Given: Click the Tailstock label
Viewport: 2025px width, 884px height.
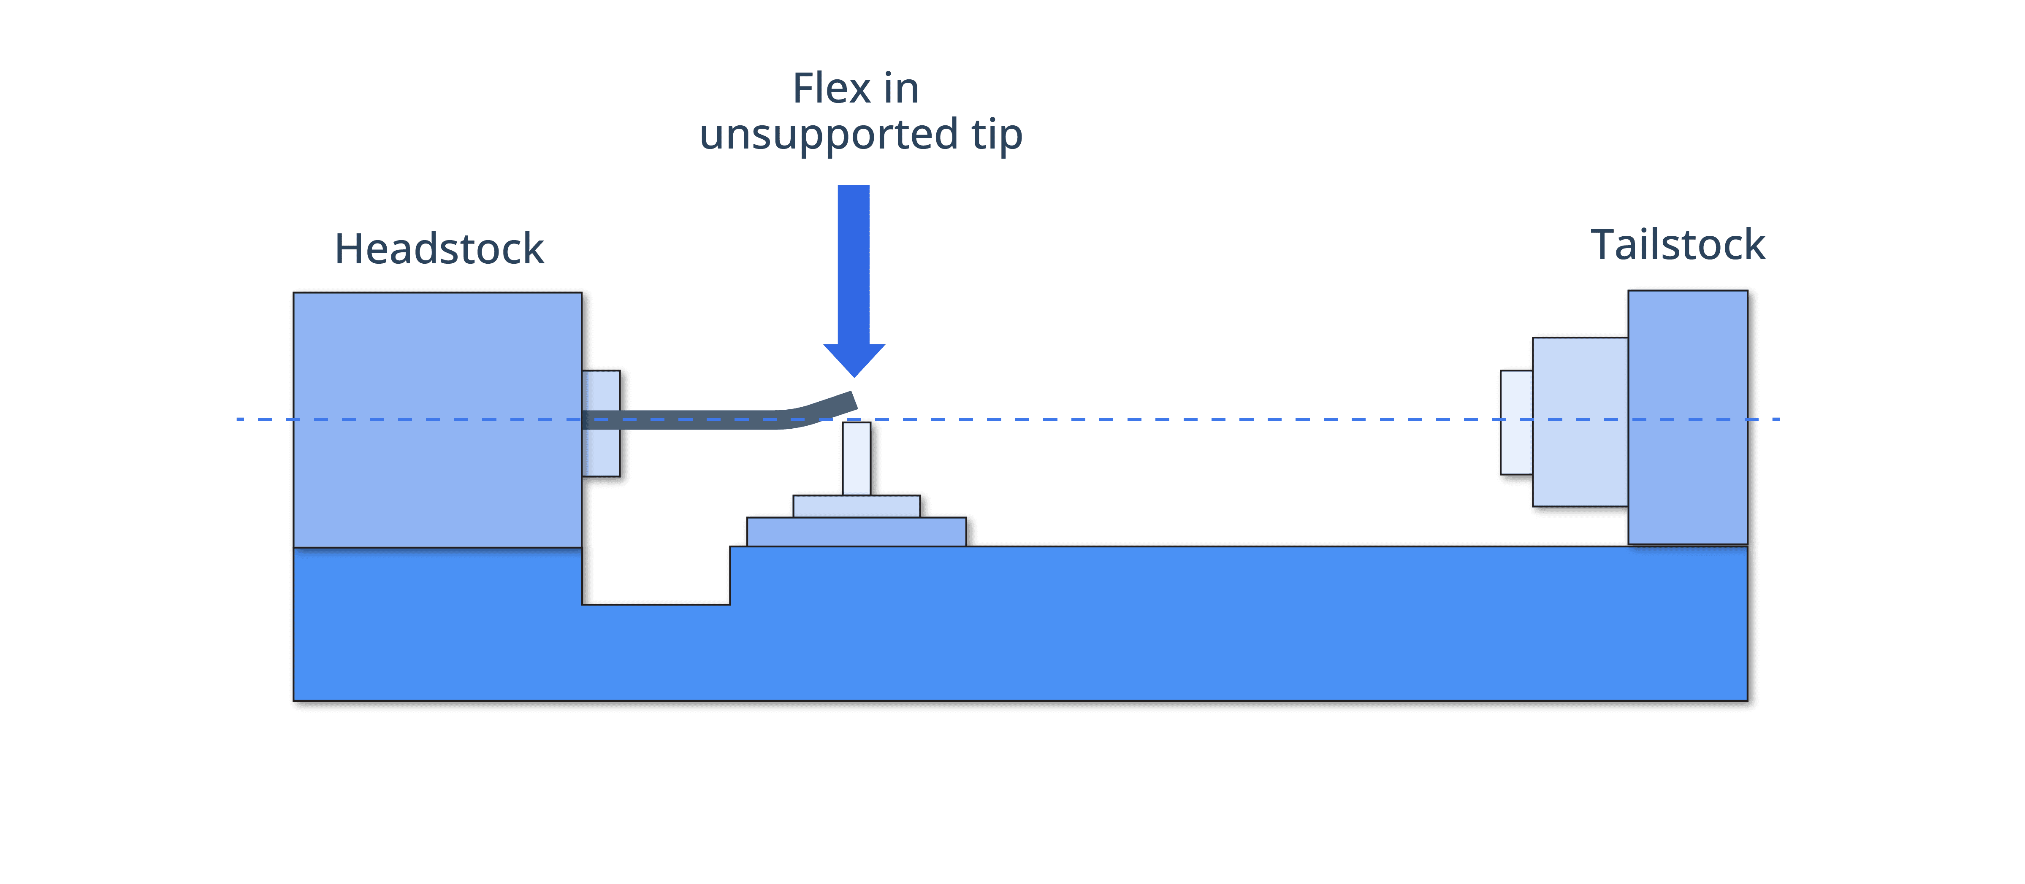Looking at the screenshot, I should tap(1678, 245).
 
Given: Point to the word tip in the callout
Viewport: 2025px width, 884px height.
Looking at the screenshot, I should tap(996, 135).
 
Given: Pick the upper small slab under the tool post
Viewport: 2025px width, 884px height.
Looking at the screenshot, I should tap(856, 506).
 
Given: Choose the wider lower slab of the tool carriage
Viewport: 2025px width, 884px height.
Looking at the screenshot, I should tap(856, 531).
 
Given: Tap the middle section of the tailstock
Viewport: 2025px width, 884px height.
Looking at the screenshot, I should tap(1579, 422).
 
